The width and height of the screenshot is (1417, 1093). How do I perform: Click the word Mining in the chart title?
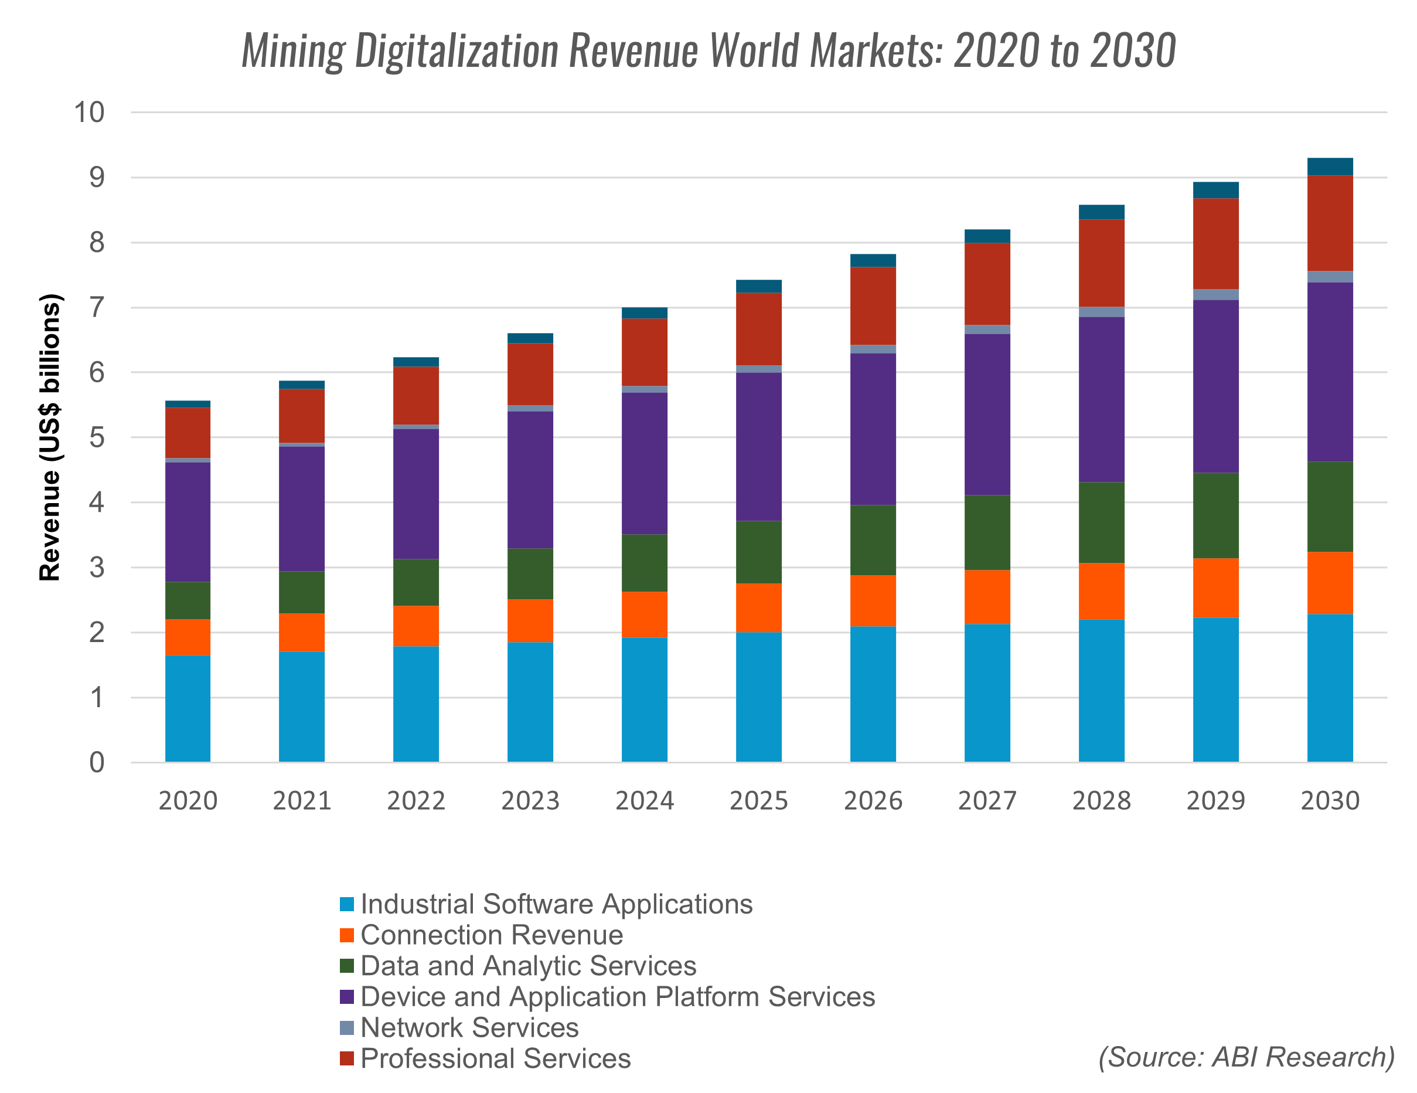click(293, 50)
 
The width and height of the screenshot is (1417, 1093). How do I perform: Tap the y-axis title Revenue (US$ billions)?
click(50, 437)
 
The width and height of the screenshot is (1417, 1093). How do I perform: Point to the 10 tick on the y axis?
click(89, 112)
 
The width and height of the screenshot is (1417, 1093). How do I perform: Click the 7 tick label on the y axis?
click(96, 308)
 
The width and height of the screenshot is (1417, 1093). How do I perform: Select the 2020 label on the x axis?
click(188, 801)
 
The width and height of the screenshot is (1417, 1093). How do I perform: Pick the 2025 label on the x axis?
click(758, 801)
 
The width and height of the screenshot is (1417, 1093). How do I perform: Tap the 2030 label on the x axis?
click(1330, 801)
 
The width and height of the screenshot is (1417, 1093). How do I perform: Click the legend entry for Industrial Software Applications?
click(556, 904)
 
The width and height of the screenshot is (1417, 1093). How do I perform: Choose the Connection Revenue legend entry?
click(491, 935)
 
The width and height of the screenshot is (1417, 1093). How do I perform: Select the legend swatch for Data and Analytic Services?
click(347, 966)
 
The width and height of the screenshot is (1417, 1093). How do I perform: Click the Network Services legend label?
click(469, 1027)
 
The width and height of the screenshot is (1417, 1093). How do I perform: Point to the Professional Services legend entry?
click(495, 1058)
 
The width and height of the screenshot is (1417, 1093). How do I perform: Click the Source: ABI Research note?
click(1246, 1057)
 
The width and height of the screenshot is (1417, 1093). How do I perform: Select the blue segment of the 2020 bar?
click(188, 708)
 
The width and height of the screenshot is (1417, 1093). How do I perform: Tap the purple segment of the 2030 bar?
click(1330, 372)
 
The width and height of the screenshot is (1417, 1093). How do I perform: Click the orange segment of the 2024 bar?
click(644, 614)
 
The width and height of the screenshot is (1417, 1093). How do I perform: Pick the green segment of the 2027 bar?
click(987, 532)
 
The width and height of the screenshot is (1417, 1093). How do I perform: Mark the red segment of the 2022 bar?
click(416, 395)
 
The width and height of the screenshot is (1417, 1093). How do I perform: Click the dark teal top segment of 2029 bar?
click(1215, 190)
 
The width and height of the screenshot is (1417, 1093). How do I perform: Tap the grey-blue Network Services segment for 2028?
click(1101, 311)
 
